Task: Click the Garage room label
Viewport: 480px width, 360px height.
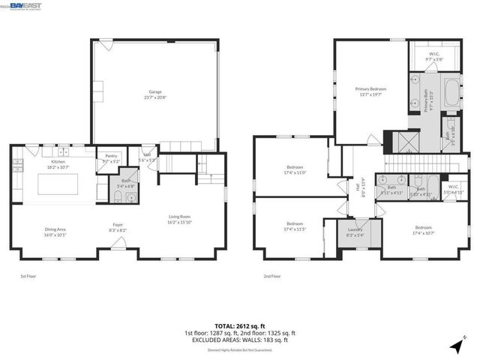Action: (x=155, y=94)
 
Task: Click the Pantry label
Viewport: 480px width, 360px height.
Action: (x=111, y=159)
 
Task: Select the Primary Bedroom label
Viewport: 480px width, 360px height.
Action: (x=370, y=91)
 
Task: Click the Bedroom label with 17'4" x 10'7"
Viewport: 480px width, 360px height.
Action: (x=424, y=229)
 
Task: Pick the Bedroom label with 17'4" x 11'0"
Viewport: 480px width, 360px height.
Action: (x=294, y=169)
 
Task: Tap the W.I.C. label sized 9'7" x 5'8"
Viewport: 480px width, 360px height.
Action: (x=434, y=56)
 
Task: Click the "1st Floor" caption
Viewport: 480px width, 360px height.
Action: (x=28, y=277)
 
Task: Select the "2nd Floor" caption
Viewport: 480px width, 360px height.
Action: (x=272, y=277)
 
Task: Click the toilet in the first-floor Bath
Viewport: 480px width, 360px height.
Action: (x=118, y=198)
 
